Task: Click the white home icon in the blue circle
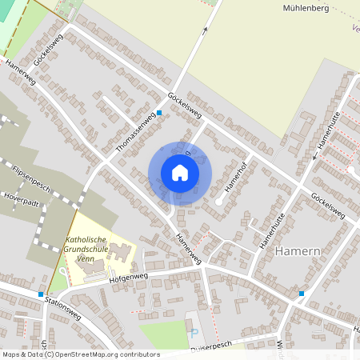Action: point(180,173)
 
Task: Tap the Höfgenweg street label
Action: point(128,277)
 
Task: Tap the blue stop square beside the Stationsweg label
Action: point(41,294)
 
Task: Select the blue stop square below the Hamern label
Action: point(302,294)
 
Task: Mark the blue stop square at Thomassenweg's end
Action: point(159,113)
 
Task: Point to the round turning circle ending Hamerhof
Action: point(218,202)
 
